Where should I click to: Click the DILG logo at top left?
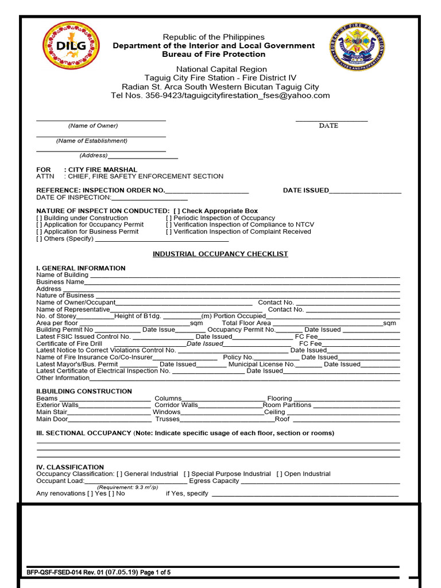[71, 46]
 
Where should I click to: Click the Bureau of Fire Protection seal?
[357, 47]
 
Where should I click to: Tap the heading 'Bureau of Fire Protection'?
[214, 55]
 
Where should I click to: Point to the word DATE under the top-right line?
[328, 126]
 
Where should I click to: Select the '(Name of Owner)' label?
[93, 126]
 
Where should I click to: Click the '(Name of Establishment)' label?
[92, 141]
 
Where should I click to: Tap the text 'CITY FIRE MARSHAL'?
[103, 170]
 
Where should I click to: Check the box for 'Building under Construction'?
[39, 218]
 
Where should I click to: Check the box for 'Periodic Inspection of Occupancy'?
[169, 218]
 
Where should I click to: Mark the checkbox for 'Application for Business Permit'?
[39, 232]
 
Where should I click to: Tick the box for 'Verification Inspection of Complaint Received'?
[169, 232]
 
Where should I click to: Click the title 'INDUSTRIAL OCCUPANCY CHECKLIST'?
[220, 254]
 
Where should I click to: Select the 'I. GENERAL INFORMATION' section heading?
[80, 268]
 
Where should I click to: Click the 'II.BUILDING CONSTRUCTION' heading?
[84, 392]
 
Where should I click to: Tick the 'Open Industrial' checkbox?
[279, 474]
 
